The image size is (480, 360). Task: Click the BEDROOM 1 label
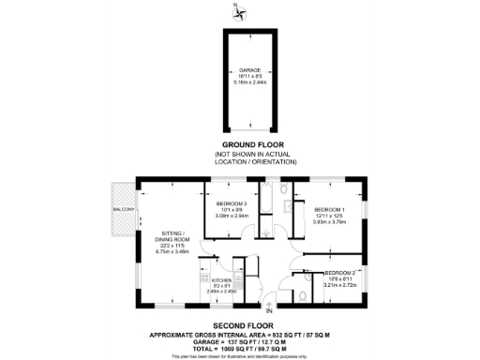coord(329,209)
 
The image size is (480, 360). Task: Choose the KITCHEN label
coord(221,280)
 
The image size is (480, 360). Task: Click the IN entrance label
coord(267,310)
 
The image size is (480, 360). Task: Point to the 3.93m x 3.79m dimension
coord(329,222)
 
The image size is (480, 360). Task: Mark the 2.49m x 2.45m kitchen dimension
coord(221,292)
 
